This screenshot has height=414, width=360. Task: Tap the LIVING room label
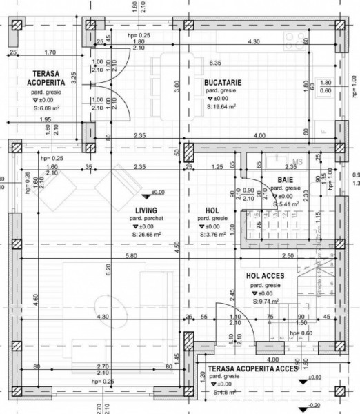click(146, 210)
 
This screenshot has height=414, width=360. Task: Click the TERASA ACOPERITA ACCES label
click(252, 369)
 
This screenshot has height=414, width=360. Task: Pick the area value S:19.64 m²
click(221, 108)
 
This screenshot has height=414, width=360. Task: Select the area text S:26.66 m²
click(146, 235)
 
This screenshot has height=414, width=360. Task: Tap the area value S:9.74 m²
click(266, 301)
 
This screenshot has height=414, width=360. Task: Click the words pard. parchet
click(146, 219)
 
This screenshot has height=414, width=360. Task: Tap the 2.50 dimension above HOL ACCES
click(288, 256)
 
